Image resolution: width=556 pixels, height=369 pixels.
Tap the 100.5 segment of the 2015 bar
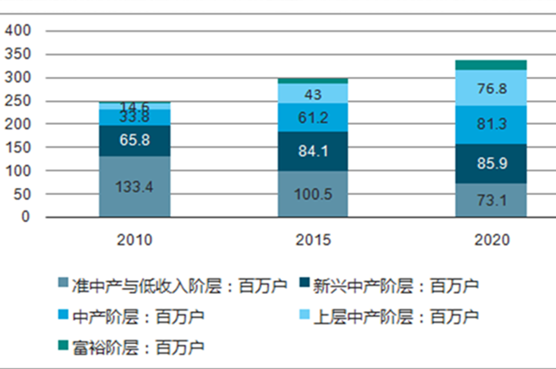(x=312, y=194)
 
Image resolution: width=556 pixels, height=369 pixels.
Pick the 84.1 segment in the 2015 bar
(x=312, y=151)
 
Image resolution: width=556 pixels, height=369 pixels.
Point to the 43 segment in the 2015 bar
(x=312, y=93)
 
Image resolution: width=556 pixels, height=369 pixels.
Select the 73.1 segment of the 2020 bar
(x=490, y=200)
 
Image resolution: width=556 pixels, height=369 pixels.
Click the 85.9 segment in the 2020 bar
(x=490, y=163)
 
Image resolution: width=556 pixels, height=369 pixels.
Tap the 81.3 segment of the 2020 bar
(x=490, y=124)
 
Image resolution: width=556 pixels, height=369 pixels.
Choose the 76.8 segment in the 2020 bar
(x=490, y=88)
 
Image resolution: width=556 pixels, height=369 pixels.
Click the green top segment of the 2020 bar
(x=490, y=65)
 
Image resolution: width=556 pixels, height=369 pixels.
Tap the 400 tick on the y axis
(x=18, y=30)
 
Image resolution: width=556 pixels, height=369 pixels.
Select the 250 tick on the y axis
(x=18, y=101)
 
